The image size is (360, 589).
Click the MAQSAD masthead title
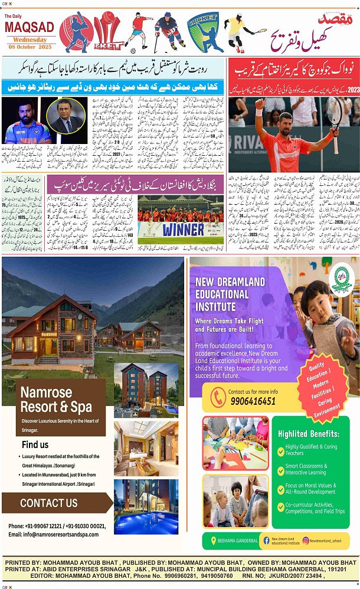tap(29, 27)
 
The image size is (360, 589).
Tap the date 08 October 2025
tap(29, 47)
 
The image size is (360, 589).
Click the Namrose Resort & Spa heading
tap(56, 400)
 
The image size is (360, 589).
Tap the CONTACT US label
tap(48, 503)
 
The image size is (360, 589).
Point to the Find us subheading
tap(35, 444)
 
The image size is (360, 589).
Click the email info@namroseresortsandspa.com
tap(53, 534)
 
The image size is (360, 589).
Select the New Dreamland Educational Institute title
tap(230, 294)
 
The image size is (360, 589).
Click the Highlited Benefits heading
tap(309, 434)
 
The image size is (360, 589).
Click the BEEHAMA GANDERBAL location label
tap(239, 541)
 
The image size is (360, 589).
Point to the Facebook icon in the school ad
tap(266, 541)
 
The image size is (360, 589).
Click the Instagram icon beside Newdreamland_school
tap(306, 540)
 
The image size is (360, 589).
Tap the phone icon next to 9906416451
tap(218, 397)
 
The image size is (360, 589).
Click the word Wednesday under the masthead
tap(29, 39)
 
